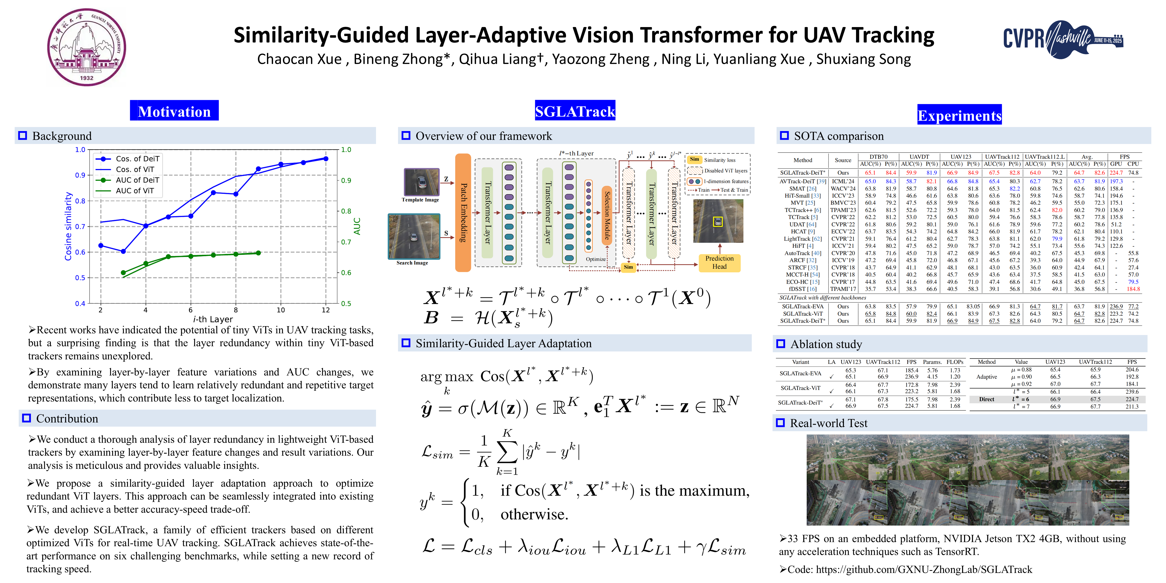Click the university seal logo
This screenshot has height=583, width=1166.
click(87, 47)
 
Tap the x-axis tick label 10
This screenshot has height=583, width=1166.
click(281, 310)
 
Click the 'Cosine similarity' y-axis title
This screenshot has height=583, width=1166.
click(68, 226)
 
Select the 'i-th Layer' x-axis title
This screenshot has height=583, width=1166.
click(213, 319)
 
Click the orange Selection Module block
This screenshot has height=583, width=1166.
click(607, 215)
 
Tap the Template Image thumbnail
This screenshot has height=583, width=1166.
click(421, 182)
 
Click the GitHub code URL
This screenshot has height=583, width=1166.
click(923, 569)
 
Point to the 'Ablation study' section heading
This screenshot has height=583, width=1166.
click(826, 344)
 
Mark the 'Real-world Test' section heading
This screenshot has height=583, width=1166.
click(828, 423)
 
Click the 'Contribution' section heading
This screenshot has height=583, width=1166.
click(67, 419)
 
